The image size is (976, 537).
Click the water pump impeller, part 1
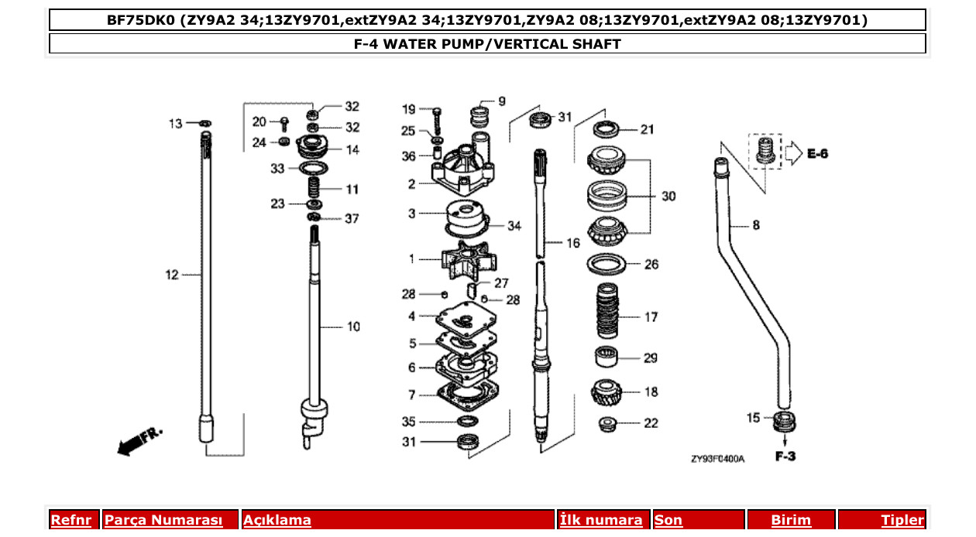466,258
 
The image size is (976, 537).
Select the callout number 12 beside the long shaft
172,275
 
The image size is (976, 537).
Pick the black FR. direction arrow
138,440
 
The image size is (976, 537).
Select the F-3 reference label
785,457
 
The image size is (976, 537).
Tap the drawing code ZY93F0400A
717,459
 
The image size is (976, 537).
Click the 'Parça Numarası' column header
163,521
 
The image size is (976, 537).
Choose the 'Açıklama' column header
277,521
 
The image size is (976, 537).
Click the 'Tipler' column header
902,521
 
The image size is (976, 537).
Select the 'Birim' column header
791,521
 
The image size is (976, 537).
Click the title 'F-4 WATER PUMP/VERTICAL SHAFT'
487,44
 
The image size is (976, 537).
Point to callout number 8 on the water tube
755,226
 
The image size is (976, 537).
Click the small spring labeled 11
314,188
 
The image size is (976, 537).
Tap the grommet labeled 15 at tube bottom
785,423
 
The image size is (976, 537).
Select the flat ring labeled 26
608,265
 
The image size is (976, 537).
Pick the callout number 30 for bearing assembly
668,197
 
